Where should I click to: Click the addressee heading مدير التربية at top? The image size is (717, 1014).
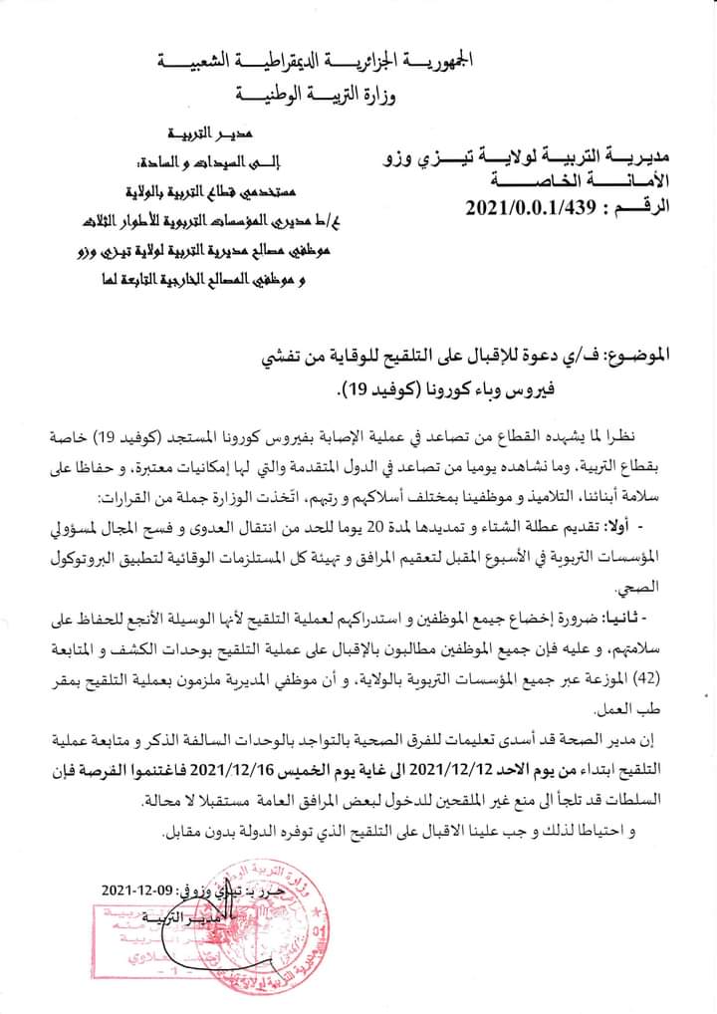(205, 132)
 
